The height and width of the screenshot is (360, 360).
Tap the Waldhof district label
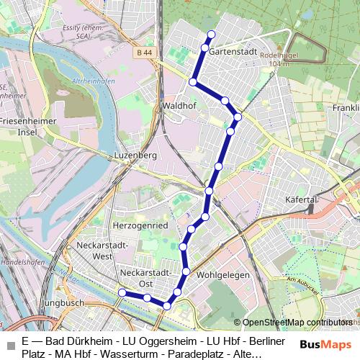coord(176,105)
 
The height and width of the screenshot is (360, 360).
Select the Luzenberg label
coord(135,155)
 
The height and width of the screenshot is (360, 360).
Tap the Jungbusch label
coord(63,304)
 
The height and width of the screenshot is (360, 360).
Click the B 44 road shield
coord(143,53)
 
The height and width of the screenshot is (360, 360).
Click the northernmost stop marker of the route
coord(211,35)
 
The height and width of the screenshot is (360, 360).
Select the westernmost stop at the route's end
coord(122,292)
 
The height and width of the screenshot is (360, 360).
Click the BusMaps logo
coord(325,344)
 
